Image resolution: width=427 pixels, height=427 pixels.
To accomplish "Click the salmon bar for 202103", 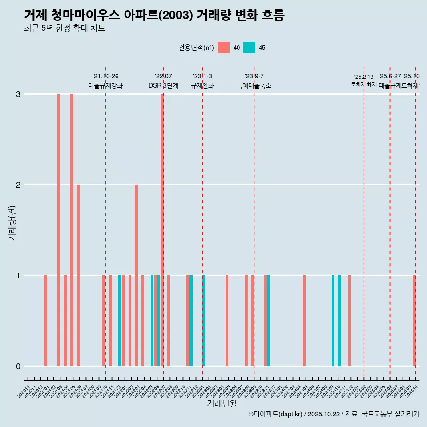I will [59, 230].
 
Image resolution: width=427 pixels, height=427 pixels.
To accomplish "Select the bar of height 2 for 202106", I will [78, 275].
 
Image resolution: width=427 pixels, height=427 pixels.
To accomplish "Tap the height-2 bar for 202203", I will [136, 275].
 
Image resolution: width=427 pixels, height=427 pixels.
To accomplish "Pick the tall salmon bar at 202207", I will [162, 230].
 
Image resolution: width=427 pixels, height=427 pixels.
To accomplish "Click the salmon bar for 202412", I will [350, 321].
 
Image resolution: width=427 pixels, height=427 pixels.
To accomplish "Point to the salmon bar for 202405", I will [304, 321].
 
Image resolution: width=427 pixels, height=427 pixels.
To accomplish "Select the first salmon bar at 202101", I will [46, 321].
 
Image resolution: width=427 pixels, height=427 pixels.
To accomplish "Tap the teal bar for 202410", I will [339, 321].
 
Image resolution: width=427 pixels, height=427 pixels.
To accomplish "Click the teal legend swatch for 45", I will [249, 48].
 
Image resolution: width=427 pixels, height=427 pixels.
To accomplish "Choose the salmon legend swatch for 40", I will [224, 48].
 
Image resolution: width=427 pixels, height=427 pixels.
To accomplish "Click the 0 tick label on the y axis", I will [18, 367].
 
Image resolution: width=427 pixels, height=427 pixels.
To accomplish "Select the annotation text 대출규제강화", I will [105, 85].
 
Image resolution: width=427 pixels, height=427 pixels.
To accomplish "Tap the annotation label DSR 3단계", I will [163, 85].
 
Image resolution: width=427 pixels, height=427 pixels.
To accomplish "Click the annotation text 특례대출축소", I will [254, 85].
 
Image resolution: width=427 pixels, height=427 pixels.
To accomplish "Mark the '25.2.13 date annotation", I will [364, 77].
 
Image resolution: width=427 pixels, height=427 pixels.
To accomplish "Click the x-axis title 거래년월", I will [222, 403].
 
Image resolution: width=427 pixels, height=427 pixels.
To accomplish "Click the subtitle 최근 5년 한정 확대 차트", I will [64, 28].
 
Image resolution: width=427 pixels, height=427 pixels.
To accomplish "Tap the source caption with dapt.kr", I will [334, 414].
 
